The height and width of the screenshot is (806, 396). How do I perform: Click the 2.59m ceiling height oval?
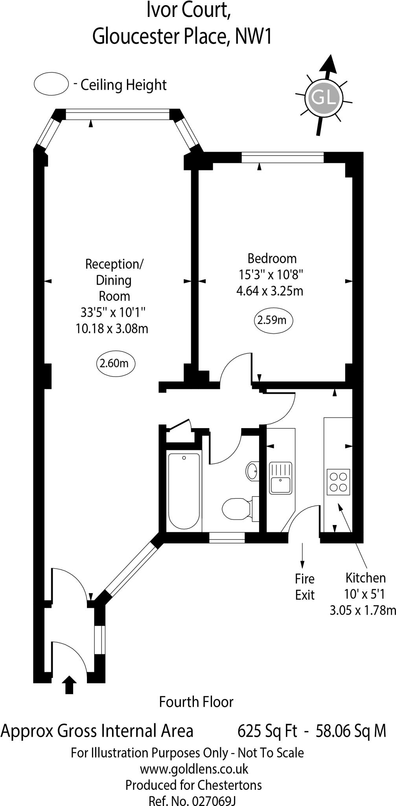273,320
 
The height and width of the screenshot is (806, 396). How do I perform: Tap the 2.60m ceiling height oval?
116,363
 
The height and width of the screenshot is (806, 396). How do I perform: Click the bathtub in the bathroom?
184,491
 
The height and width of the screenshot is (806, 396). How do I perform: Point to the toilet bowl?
236,509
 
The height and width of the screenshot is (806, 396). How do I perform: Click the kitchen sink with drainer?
280,478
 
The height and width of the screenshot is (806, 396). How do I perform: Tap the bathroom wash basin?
252,470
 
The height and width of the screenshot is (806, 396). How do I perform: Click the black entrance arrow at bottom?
70,685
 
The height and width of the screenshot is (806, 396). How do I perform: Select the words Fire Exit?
305,587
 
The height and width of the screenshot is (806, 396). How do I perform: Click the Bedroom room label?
272,259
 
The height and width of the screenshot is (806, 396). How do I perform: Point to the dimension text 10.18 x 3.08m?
112,328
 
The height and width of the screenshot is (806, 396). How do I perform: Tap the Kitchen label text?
365,578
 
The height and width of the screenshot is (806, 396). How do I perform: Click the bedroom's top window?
283,158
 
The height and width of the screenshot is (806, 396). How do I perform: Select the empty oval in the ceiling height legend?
52,84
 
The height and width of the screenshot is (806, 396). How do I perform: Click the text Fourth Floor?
196,702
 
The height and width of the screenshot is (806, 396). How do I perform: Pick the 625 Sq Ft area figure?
267,731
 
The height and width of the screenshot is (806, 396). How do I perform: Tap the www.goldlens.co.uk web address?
194,769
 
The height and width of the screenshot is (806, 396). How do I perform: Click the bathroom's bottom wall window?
227,538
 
